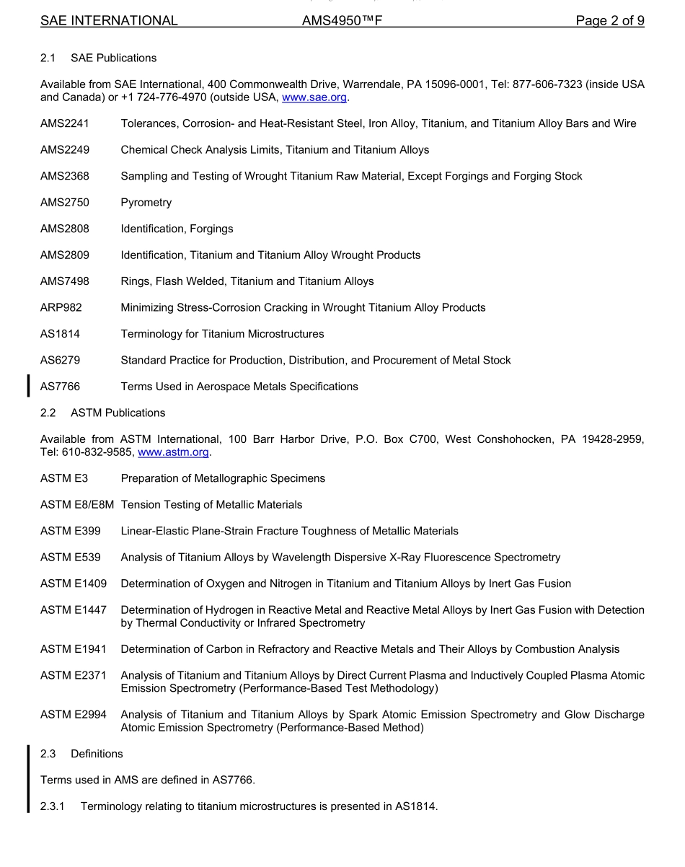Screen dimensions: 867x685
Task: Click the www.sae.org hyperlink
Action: pyautogui.click(x=314, y=97)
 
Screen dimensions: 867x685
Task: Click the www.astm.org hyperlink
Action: pyautogui.click(x=173, y=452)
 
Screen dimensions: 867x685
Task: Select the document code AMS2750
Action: pyautogui.click(x=65, y=203)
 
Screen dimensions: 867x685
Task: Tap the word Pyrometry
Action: pyautogui.click(x=146, y=203)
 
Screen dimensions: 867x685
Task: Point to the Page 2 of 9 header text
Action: pyautogui.click(x=609, y=21)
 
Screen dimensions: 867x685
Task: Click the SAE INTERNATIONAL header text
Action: pyautogui.click(x=109, y=21)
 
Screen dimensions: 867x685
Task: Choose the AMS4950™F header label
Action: pyautogui.click(x=342, y=21)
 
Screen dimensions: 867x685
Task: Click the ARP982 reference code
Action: pyautogui.click(x=61, y=308)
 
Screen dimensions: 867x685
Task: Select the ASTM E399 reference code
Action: pyautogui.click(x=71, y=532)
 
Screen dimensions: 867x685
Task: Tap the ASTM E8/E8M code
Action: pyautogui.click(x=77, y=505)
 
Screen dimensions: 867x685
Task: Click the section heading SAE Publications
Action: pyautogui.click(x=113, y=58)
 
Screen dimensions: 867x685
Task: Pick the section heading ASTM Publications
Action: pyautogui.click(x=118, y=413)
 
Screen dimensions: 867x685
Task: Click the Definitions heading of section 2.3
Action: pyautogui.click(x=97, y=754)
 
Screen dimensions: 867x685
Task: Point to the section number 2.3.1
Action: pyautogui.click(x=53, y=807)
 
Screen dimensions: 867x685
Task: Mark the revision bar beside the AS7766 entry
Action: pyautogui.click(x=28, y=386)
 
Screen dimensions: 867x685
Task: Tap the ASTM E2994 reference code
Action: pyautogui.click(x=74, y=715)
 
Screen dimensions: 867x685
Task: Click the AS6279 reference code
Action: pyautogui.click(x=61, y=361)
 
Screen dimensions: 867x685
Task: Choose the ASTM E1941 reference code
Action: pyautogui.click(x=74, y=649)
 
